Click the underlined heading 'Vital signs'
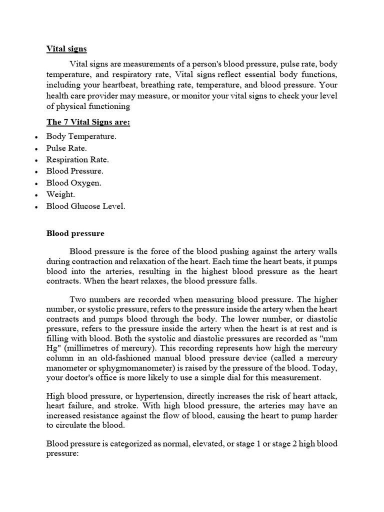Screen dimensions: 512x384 66,49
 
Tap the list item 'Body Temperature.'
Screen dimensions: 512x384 81,136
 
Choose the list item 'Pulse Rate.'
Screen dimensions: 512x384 66,148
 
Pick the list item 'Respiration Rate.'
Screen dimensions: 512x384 77,160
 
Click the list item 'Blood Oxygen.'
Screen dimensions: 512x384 74,183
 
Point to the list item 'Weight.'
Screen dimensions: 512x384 60,194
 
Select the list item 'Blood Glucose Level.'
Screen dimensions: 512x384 85,206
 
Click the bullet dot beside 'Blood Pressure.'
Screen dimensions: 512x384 37,172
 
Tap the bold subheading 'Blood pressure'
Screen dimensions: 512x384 75,233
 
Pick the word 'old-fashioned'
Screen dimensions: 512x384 128,358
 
